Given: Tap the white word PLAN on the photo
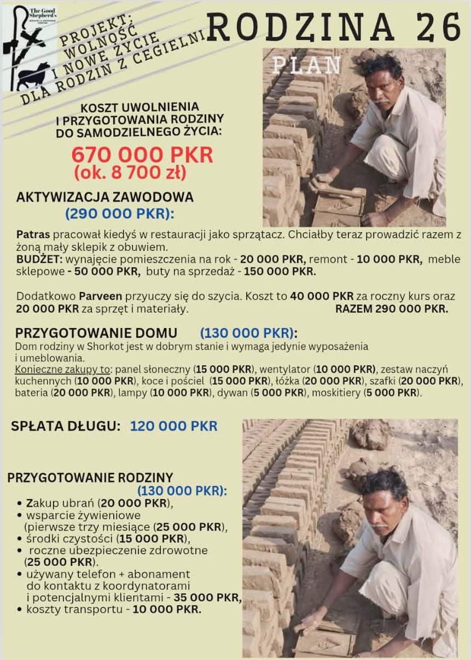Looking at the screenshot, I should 306,65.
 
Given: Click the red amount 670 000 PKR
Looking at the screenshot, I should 142,156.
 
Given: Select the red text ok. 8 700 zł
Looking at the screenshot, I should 130,173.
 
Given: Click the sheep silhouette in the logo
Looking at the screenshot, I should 33,76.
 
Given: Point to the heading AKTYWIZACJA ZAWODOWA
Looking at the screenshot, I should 105,197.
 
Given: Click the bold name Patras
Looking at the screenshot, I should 33,234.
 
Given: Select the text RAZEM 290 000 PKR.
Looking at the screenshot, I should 392,309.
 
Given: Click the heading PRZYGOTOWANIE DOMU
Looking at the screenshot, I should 96,333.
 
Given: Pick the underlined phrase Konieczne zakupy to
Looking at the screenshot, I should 62,369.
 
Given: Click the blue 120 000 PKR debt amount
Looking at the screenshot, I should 173,426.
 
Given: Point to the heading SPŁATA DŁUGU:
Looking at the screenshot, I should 66,426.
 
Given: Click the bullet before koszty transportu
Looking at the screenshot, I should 20,609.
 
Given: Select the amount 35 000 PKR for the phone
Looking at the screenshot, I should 207,598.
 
